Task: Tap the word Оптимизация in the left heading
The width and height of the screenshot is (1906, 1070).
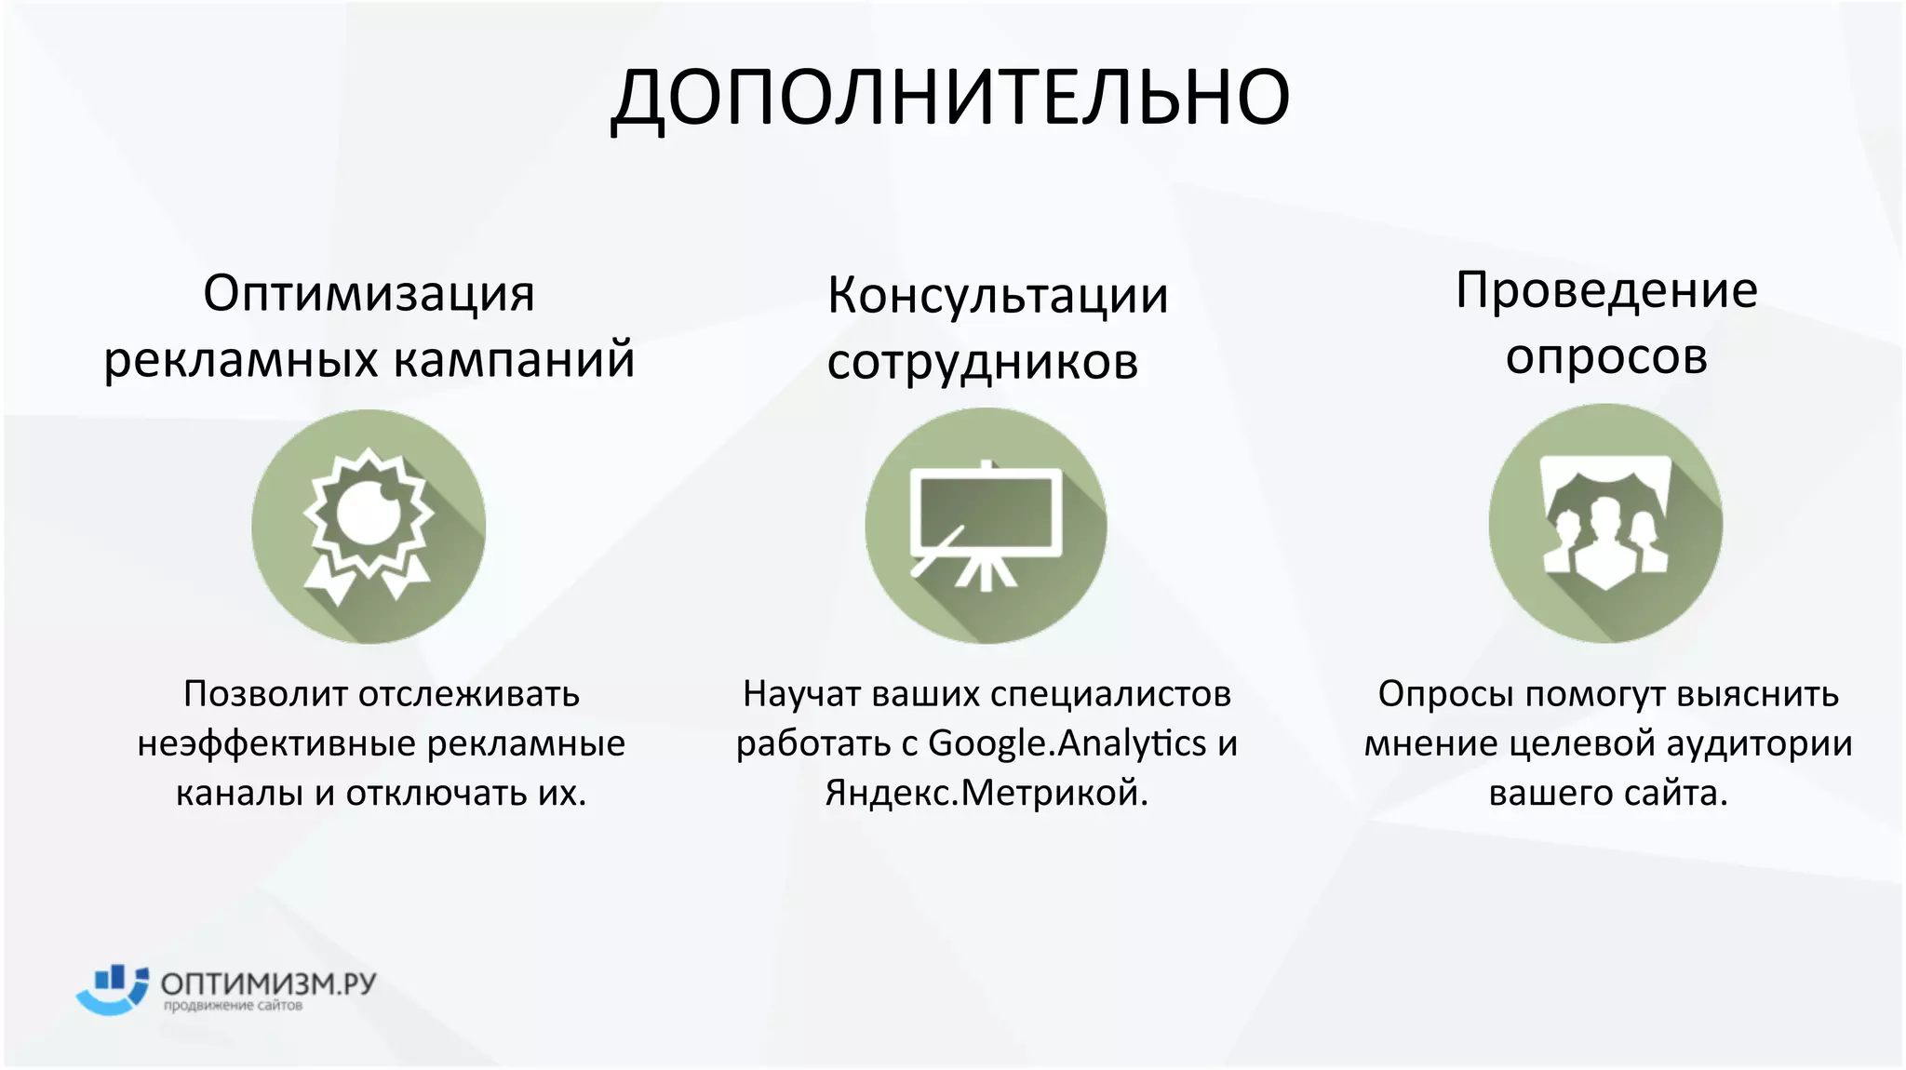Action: tap(369, 294)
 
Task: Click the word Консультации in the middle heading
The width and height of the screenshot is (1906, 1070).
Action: tap(998, 296)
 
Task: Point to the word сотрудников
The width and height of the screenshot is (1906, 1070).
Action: tap(983, 362)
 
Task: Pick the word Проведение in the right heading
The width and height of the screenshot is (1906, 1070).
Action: tap(1606, 290)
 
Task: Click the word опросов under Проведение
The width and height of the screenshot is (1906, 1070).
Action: tap(1606, 355)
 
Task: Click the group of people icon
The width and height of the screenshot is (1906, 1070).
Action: tap(1605, 524)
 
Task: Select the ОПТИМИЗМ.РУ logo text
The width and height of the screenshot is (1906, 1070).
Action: tap(268, 983)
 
